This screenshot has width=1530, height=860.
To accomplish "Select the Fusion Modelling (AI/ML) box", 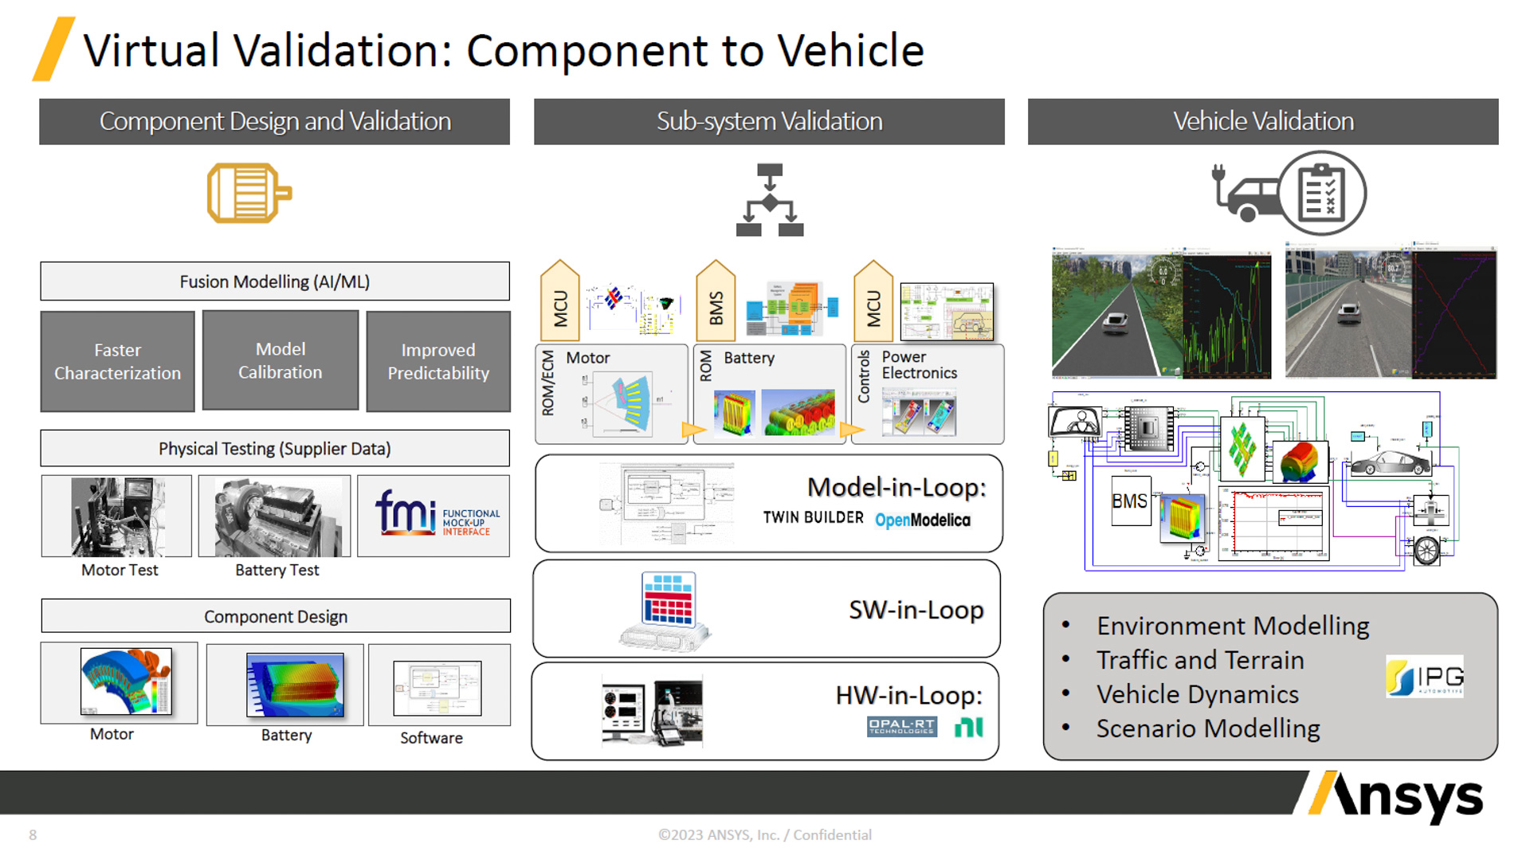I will (275, 281).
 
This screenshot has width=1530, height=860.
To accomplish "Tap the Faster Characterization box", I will (118, 362).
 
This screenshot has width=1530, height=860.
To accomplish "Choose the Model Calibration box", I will (280, 361).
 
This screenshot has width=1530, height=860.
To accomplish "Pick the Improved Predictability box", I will (438, 362).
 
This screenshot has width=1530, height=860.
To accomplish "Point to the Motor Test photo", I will (117, 516).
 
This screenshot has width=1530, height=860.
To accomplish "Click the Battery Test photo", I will (275, 516).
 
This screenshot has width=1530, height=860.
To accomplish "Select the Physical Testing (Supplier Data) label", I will (275, 449).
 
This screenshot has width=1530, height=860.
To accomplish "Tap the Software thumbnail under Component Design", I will (437, 688).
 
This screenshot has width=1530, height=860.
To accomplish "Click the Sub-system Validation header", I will (769, 121).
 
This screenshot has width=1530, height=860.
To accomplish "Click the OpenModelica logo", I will (923, 520).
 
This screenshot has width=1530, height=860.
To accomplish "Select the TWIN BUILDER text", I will (813, 518).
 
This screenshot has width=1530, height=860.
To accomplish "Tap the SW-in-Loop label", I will (916, 610).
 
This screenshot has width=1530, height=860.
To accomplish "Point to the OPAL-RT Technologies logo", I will (901, 726).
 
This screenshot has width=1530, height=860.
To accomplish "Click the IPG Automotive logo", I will (1425, 677).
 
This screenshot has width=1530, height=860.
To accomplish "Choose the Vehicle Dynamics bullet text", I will (1197, 694).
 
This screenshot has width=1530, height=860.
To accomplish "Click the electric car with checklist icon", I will (1289, 194).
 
